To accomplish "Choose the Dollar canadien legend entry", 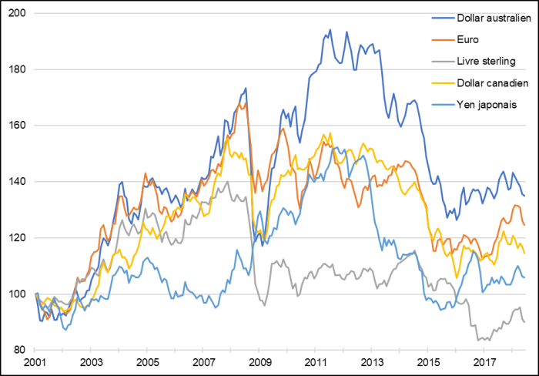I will click(487, 82).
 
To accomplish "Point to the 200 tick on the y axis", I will click(18, 13).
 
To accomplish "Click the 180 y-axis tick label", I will click(18, 69).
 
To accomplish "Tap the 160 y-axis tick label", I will click(18, 126).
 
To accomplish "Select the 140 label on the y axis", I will click(18, 182).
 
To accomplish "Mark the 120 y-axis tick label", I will click(18, 238).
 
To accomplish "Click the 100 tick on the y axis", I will click(18, 294).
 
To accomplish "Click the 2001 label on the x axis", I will click(35, 362).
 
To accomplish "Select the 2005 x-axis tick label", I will click(148, 362).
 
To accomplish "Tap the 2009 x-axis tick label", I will click(259, 362).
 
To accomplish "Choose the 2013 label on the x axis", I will click(372, 362).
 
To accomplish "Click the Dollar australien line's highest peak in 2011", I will click(330, 30).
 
